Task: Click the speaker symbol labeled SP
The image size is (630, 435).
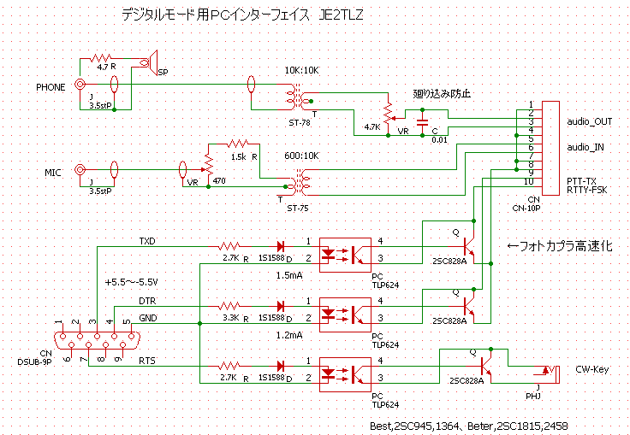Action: (x=151, y=60)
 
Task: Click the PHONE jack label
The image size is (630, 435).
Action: (x=51, y=86)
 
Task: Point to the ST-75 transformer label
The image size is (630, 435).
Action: (x=298, y=208)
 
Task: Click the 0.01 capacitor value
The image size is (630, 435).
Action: (x=439, y=139)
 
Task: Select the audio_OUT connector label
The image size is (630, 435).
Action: (x=590, y=121)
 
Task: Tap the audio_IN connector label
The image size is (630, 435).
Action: (x=585, y=147)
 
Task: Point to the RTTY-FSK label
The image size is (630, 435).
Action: (x=587, y=190)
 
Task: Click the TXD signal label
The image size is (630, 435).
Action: (x=148, y=241)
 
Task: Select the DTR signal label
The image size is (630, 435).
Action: (x=148, y=301)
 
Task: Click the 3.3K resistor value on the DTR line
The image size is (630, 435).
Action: (x=230, y=317)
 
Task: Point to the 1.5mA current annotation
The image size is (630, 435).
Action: (x=288, y=276)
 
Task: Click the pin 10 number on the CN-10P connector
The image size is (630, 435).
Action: (x=531, y=182)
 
